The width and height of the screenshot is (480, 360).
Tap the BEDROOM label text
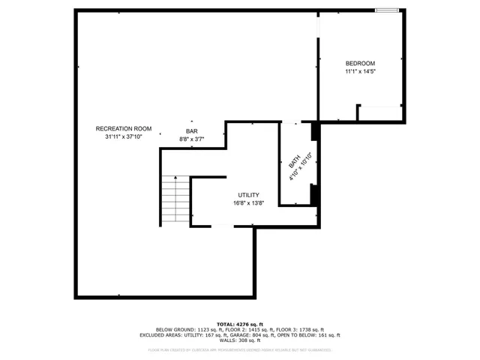tap(360, 63)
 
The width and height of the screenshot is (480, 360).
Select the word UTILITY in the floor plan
tap(249, 195)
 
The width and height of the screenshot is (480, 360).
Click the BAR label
tap(191, 131)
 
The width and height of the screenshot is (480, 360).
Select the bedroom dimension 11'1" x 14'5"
tap(360, 71)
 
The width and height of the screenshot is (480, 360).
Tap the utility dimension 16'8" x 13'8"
tap(249, 203)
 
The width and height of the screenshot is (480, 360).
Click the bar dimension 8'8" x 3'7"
tap(191, 139)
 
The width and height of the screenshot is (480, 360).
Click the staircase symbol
tap(175, 201)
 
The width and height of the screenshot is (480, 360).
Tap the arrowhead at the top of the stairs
tap(175, 178)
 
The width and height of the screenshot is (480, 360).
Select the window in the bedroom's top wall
tap(386, 10)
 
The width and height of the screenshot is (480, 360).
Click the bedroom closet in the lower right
tap(381, 113)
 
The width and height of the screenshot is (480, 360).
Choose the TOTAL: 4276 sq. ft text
tap(240, 323)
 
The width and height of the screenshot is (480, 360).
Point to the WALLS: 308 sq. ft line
tap(240, 341)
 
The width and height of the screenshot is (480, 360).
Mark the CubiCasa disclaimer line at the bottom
tap(240, 349)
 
